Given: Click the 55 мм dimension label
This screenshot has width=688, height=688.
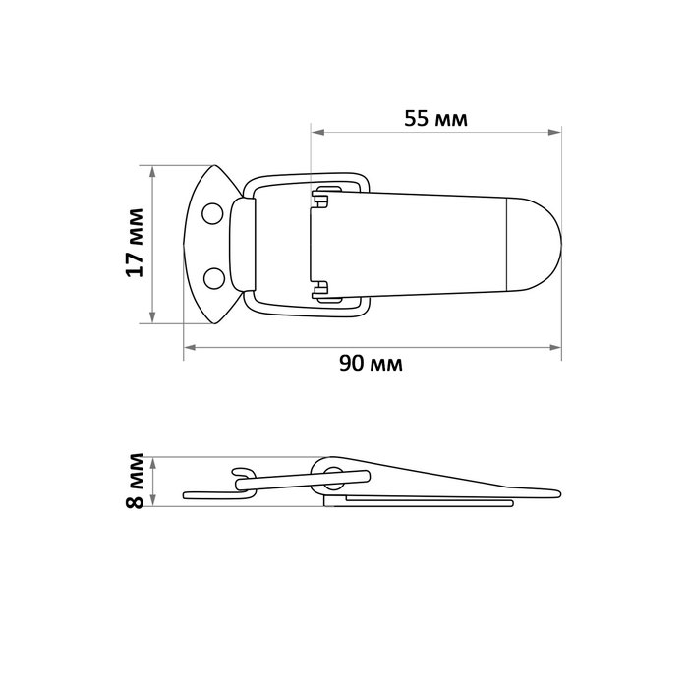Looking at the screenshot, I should pyautogui.click(x=435, y=120).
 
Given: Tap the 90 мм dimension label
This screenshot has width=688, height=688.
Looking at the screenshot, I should pyautogui.click(x=372, y=363).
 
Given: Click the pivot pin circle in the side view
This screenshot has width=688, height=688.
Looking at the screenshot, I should pyautogui.click(x=331, y=481).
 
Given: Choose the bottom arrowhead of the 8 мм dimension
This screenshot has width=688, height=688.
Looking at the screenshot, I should pyautogui.click(x=153, y=501).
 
